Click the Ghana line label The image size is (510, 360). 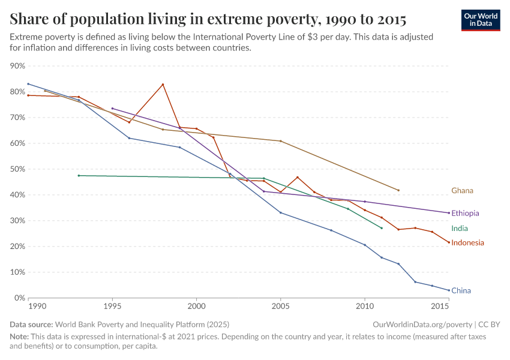click(462, 191)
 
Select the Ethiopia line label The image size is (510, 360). click(465, 213)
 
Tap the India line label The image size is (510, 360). click(460, 229)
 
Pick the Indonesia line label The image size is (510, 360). click(467, 243)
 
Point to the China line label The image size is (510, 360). click(461, 291)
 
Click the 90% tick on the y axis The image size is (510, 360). click(18, 66)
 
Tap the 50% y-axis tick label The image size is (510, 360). click(18, 169)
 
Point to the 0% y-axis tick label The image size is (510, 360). click(20, 298)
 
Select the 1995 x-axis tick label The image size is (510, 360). click(112, 307)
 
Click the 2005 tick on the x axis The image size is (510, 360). click(280, 307)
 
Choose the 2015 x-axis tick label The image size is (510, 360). click(440, 307)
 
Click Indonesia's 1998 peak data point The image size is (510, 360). click(163, 85)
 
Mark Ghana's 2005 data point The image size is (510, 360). click(280, 141)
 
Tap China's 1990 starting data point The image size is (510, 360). click(28, 84)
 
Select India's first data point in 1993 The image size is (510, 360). click(79, 176)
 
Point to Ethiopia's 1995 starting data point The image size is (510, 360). click(112, 109)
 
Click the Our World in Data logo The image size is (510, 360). click(480, 20)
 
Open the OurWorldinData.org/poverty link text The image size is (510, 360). click(419, 325)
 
